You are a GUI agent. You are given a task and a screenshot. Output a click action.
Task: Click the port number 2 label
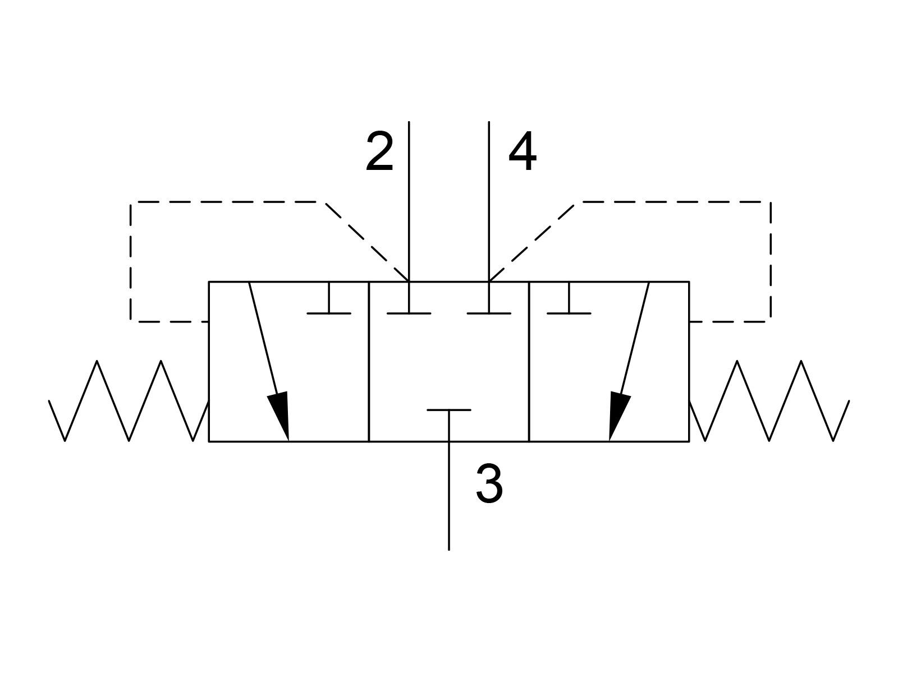click(379, 151)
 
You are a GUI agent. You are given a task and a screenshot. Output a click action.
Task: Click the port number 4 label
click(523, 151)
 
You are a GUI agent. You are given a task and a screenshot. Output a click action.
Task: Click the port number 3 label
click(489, 484)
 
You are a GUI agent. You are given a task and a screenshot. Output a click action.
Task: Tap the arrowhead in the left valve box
click(279, 415)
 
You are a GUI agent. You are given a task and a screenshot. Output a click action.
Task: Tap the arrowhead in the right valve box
click(618, 415)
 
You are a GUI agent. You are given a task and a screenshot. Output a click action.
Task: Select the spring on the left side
click(129, 401)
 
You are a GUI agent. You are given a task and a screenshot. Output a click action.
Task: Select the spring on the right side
click(769, 401)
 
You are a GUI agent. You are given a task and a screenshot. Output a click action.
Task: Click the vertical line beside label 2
click(409, 201)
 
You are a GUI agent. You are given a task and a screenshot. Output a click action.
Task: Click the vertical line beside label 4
click(489, 201)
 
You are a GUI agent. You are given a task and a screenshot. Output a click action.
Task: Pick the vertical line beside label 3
click(449, 496)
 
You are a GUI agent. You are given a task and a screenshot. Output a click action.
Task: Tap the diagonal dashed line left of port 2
click(367, 242)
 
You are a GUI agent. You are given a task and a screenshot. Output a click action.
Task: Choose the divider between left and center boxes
click(369, 362)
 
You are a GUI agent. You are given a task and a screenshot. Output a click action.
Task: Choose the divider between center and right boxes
click(529, 362)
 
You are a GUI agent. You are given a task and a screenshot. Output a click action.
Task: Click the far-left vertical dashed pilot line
click(131, 261)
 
